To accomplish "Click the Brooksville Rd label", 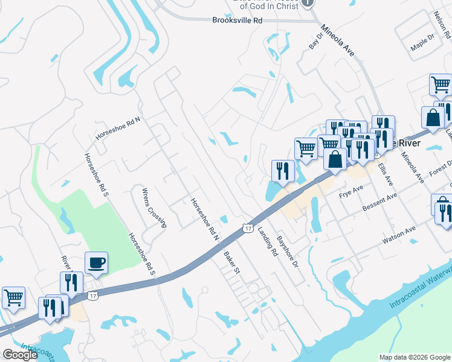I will point(237,20).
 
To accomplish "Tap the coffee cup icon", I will point(96,264).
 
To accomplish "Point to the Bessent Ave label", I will point(379,202).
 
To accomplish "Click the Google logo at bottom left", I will point(20,355).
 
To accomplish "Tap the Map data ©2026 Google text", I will point(414,357).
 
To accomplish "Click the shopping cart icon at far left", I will point(13,297).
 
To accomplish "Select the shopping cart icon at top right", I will point(441,85).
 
